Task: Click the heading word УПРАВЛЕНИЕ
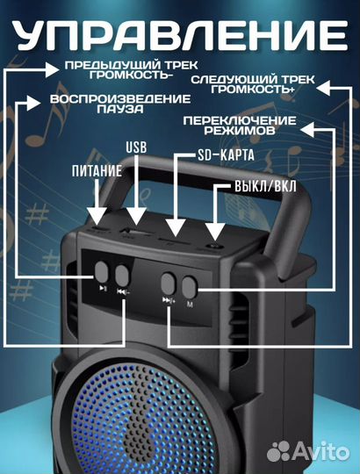[181, 36]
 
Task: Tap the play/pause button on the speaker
[102, 272]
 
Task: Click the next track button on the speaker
[168, 284]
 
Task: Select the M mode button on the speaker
[190, 287]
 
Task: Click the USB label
[136, 147]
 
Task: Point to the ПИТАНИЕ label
[97, 171]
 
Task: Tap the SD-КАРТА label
[226, 155]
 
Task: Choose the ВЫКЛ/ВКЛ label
[265, 186]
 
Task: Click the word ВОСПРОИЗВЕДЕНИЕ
[120, 99]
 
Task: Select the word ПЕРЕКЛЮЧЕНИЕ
[240, 120]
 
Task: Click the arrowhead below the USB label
[136, 216]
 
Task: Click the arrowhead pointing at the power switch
[214, 232]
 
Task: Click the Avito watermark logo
[308, 452]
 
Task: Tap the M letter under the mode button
[190, 305]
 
